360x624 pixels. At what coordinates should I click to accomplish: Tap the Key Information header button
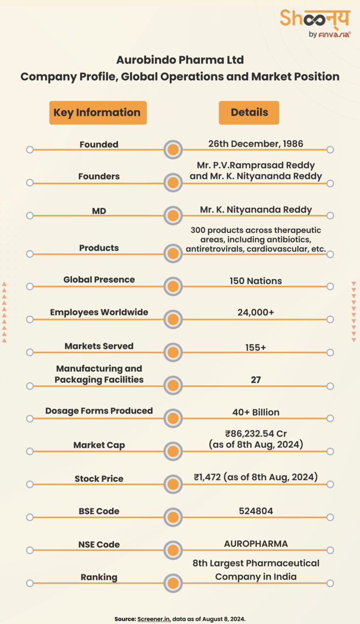tap(97, 112)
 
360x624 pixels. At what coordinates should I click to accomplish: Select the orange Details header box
tap(249, 112)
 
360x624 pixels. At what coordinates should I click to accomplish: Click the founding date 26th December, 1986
tap(255, 143)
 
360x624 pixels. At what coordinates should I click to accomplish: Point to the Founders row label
tap(99, 176)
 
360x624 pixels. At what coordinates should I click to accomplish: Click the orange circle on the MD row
tap(173, 216)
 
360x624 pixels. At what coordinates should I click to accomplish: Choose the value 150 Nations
tap(255, 281)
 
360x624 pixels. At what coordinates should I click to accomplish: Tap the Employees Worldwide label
tap(99, 312)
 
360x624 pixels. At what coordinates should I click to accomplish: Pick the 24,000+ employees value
tap(255, 312)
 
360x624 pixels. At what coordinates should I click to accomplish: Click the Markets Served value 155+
tap(255, 348)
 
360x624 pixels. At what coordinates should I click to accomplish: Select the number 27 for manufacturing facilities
tap(255, 379)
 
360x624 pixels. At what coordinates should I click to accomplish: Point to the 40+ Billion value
tap(255, 412)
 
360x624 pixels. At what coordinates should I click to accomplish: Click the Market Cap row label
tap(99, 445)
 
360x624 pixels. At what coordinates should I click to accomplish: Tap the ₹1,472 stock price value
tap(255, 477)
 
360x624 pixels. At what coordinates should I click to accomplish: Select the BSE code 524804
tap(255, 511)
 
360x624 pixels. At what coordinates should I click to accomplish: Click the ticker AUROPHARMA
tap(255, 543)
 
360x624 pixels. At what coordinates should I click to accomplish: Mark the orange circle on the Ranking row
tap(173, 583)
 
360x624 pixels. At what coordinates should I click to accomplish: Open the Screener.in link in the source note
tap(153, 619)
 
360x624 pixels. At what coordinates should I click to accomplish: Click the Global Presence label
tap(99, 279)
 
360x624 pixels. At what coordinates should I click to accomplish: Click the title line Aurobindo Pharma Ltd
tap(180, 60)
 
